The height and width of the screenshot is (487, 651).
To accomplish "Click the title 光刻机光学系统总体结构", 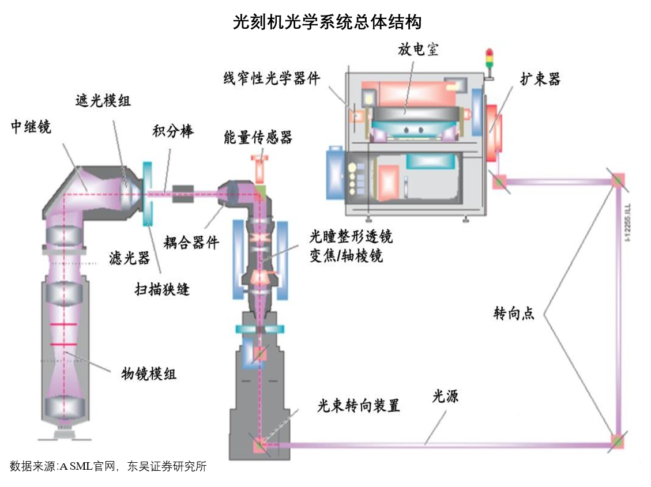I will (x=327, y=22).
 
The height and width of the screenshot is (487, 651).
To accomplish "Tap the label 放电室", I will (x=418, y=50).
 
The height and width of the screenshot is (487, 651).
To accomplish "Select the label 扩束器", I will (x=540, y=79).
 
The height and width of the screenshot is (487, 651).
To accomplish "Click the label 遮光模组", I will (x=103, y=100).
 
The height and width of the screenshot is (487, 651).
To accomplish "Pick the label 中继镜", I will (x=31, y=127).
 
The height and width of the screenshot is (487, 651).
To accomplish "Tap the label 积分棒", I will (x=173, y=131).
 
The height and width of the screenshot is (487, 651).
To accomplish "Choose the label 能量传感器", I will (x=258, y=137).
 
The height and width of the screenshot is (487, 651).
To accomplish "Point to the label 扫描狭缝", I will (x=162, y=288).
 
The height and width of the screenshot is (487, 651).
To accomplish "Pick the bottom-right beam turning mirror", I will (x=618, y=442).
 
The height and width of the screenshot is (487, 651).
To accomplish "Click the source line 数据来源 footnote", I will (x=108, y=467).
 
